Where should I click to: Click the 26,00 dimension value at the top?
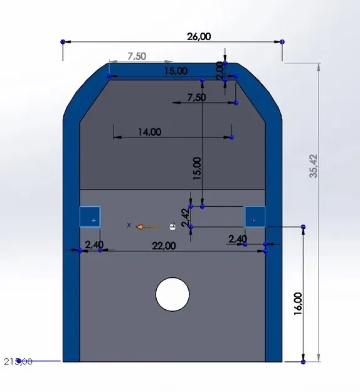pos(199,36)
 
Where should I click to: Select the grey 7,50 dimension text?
pos(137,56)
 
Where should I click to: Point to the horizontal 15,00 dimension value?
pos(176,71)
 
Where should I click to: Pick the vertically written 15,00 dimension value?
pos(197,169)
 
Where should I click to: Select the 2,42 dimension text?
pos(185,216)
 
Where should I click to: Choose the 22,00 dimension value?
pos(164,246)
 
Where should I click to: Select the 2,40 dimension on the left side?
pos(94,243)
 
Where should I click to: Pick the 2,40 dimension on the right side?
pos(238,239)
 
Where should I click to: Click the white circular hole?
pos(172,295)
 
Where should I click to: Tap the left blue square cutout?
pos(90,216)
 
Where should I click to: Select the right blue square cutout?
pos(255,217)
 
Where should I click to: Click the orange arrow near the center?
pos(149,226)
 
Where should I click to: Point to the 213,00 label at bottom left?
pos(18,361)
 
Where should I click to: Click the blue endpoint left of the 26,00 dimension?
pos(63,41)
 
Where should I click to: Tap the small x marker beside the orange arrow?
pos(129,225)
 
